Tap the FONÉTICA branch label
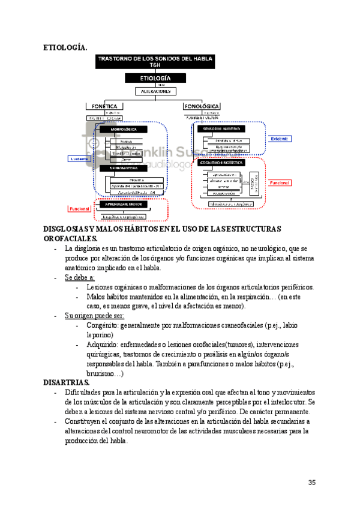tap(105, 106)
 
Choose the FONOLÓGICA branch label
tap(202, 106)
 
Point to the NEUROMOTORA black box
tap(124, 169)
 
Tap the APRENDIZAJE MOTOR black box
tap(127, 204)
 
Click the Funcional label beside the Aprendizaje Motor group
tap(79, 209)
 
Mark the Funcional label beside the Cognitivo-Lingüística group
tap(280, 182)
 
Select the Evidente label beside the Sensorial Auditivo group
tap(278, 139)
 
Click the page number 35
tap(311, 482)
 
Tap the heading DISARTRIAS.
tap(66, 382)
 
